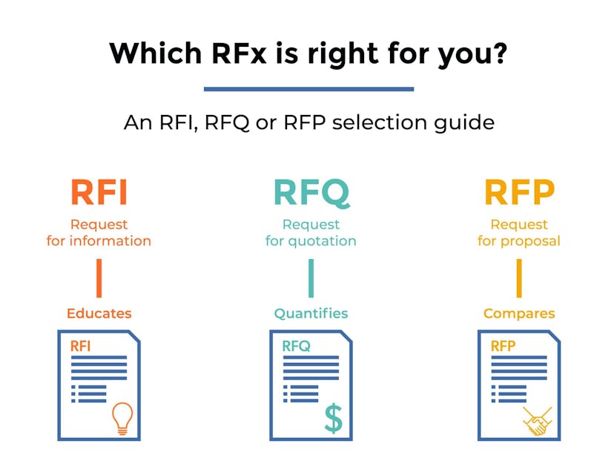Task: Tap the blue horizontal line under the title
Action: [308, 89]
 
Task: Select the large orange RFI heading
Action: [99, 192]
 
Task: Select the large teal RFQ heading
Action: [311, 192]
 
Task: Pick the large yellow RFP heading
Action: [519, 192]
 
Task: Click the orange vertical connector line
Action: [99, 278]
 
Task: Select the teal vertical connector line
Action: [311, 278]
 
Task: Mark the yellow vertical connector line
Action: [519, 278]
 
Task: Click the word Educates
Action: [99, 313]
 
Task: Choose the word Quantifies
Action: [311, 313]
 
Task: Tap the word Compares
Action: [519, 313]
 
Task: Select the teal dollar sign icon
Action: [334, 418]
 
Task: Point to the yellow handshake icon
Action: [538, 421]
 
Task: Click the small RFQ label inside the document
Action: [296, 346]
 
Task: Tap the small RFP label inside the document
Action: [503, 346]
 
